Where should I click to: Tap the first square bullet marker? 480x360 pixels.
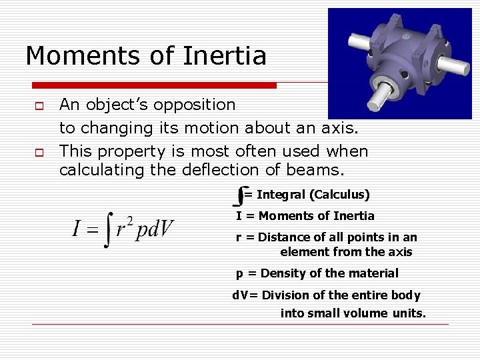(40, 105)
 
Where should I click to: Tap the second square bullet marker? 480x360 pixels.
(40, 151)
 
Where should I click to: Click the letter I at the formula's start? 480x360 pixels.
(78, 229)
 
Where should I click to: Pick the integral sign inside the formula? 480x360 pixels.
(107, 229)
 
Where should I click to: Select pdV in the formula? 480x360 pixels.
(154, 230)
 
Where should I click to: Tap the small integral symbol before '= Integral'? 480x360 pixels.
(239, 195)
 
